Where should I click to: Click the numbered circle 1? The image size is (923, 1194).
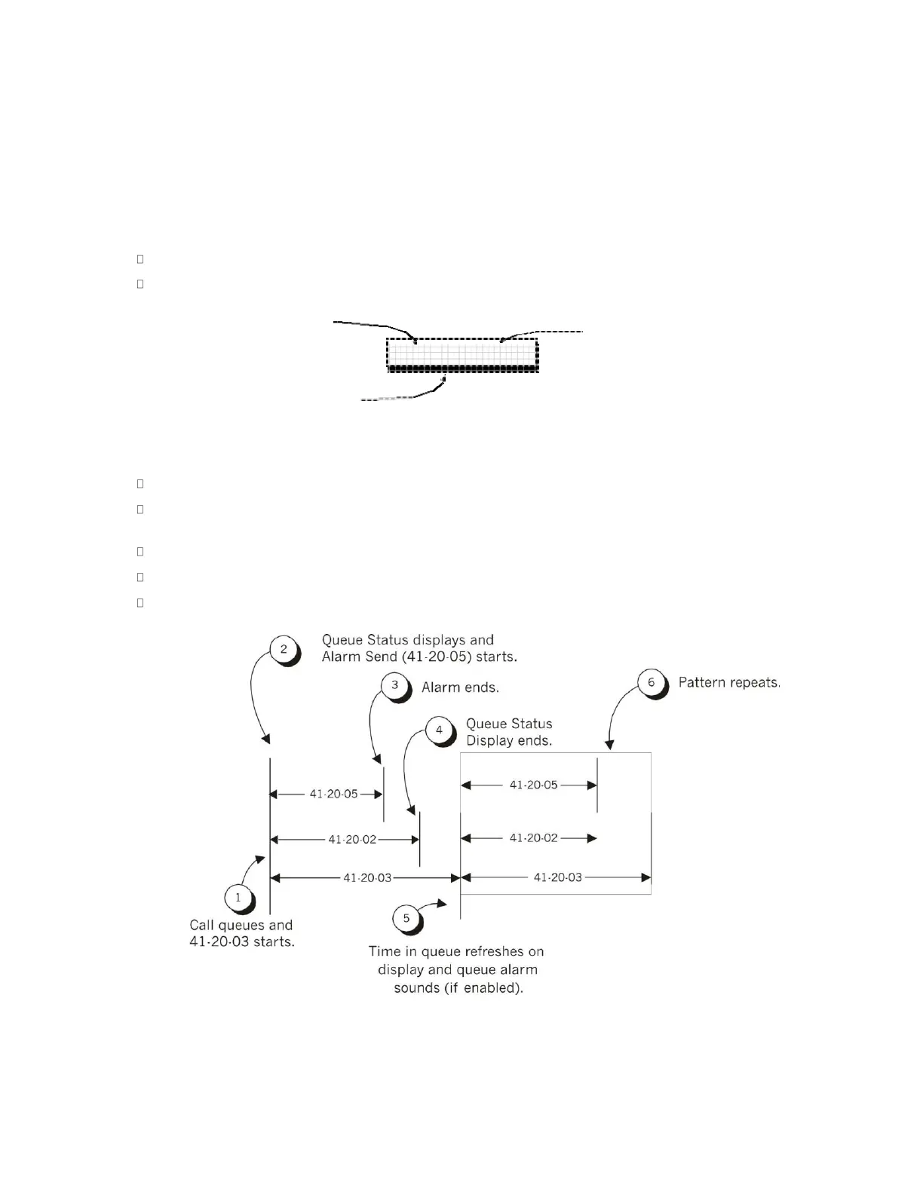coord(238,897)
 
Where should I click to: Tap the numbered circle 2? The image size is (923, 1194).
coord(284,649)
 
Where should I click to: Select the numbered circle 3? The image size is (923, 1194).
coord(394,686)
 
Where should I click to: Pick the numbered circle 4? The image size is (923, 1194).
coord(439,730)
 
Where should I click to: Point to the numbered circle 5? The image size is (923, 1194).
coord(406,917)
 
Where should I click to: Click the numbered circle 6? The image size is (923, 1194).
coord(652,683)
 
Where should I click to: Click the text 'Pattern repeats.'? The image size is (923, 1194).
coord(729,683)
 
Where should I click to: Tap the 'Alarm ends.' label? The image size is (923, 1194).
coord(460,687)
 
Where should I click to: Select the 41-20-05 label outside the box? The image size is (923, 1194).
coord(333,794)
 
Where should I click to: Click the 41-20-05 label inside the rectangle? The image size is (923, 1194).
coord(533,785)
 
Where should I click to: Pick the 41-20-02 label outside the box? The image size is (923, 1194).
coord(352,839)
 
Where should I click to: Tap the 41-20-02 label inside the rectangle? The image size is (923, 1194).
coord(533,837)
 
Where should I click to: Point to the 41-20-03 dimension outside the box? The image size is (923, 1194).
coord(367,877)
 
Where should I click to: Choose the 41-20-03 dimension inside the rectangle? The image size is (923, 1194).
coord(557,877)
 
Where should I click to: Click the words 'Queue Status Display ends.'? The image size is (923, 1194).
coord(509,732)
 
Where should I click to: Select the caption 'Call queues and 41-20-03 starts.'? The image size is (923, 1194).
coord(241,933)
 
